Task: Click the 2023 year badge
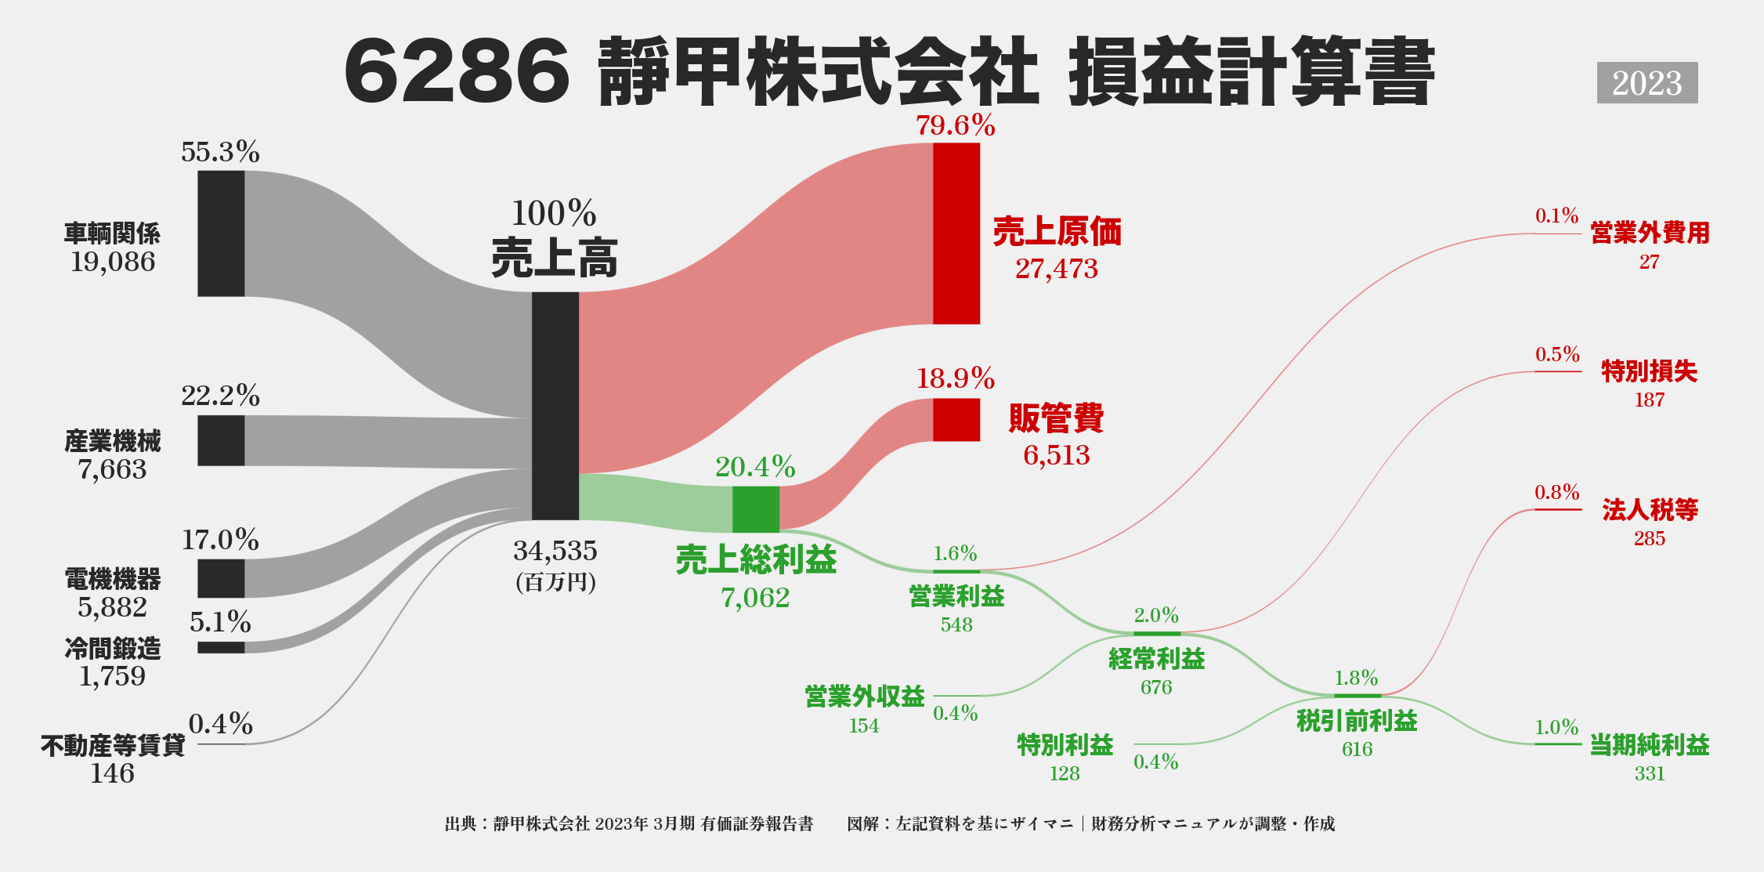point(1647,83)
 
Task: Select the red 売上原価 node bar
point(956,233)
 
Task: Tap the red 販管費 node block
point(956,420)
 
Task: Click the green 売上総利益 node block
point(755,509)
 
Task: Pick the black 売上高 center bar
point(555,406)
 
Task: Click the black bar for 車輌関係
point(221,233)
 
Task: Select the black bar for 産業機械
point(221,440)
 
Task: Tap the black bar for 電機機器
point(221,578)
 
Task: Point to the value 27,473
point(1056,269)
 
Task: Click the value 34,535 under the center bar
point(555,551)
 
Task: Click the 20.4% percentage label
point(755,467)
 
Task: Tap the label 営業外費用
point(1650,233)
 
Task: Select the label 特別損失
point(1649,371)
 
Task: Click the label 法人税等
point(1650,510)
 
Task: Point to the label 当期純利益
point(1649,745)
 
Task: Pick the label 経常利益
point(1156,659)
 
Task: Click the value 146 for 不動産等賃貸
point(112,773)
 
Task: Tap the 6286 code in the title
point(457,72)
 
